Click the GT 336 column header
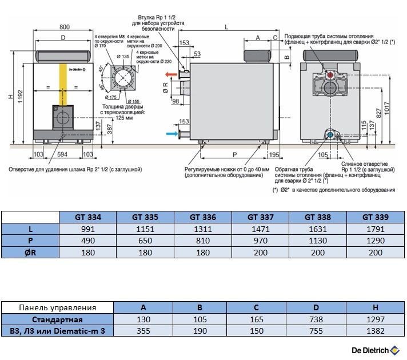coord(203,217)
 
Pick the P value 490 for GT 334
coord(88,241)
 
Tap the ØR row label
coord(30,252)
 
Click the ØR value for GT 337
coord(260,252)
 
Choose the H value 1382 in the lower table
coord(376,331)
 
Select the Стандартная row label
coord(57,319)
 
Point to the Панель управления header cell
coord(57,308)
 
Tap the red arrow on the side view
coord(171,75)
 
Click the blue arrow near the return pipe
coord(171,134)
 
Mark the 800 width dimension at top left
coord(64,27)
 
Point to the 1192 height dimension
coord(21,94)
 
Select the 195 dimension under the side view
coord(275,155)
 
